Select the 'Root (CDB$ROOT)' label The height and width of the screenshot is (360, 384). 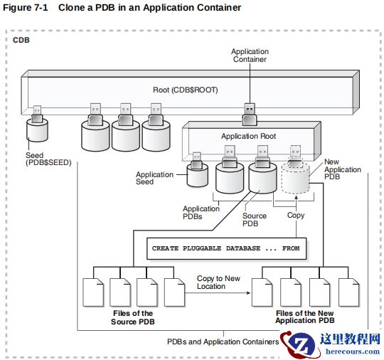coord(186,90)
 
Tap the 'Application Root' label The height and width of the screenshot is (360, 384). coord(248,136)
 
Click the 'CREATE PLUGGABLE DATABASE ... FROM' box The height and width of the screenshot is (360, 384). coord(225,248)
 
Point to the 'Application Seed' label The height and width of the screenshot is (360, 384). coord(154,179)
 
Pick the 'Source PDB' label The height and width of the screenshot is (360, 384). coord(254,220)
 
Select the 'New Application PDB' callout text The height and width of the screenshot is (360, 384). coord(343,170)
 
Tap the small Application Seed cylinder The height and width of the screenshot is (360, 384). coord(198,175)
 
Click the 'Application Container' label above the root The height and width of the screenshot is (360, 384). coord(250,55)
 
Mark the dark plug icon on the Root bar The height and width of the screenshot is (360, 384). coord(250,110)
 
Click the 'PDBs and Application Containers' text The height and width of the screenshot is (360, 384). coord(223,342)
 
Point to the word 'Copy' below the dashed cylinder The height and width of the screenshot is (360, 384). coord(296,215)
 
